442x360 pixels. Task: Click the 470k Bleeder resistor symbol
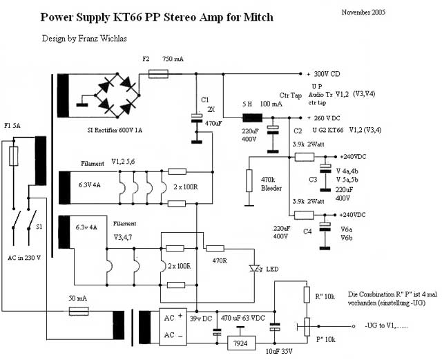coord(248,181)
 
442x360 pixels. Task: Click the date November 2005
coord(363,12)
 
